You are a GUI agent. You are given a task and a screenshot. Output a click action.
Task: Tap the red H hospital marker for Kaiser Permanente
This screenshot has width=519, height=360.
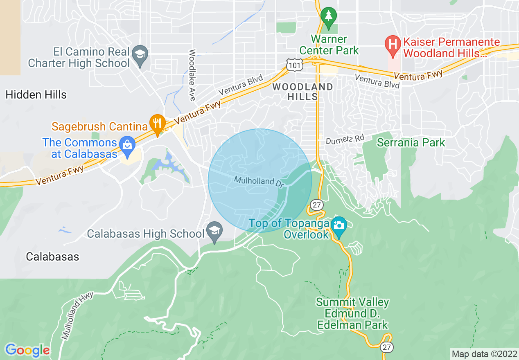393,43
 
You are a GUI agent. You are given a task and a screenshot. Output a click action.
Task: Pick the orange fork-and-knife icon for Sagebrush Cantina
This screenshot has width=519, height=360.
157,122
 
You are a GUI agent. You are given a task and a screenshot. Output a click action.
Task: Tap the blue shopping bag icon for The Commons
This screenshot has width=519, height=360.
127,144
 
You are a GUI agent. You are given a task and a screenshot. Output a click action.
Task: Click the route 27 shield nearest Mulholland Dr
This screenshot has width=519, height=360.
316,205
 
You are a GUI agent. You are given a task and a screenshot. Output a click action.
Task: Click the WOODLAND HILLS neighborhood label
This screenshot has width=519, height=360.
302,92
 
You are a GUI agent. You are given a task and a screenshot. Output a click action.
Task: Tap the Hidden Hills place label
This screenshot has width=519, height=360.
36,95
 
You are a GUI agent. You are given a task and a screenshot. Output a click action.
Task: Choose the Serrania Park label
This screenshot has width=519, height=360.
411,143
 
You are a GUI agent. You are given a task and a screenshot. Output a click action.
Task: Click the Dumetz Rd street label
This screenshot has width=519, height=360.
345,139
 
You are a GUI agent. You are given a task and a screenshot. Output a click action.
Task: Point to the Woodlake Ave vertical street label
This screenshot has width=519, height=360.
192,75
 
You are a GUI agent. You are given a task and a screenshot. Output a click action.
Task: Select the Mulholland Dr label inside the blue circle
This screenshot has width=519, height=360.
259,182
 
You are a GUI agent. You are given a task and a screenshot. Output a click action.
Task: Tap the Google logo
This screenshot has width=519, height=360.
27,350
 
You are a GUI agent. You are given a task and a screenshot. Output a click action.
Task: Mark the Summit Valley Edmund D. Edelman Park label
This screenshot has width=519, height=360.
352,314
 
